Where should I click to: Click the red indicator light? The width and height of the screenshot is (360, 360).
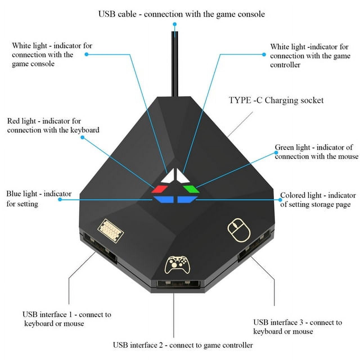click(159, 189)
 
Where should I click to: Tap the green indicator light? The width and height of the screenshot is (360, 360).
click(191, 189)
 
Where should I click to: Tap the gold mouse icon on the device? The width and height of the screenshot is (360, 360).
click(239, 229)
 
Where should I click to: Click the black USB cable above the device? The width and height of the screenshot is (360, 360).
click(175, 65)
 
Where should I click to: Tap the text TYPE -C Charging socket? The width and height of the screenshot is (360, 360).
click(276, 100)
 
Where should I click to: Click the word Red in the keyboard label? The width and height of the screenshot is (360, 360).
click(13, 121)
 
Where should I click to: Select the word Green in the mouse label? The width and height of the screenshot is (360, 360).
click(284, 147)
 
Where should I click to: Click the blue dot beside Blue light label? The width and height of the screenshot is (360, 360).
click(60, 199)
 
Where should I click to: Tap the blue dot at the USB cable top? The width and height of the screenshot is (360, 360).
click(175, 24)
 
